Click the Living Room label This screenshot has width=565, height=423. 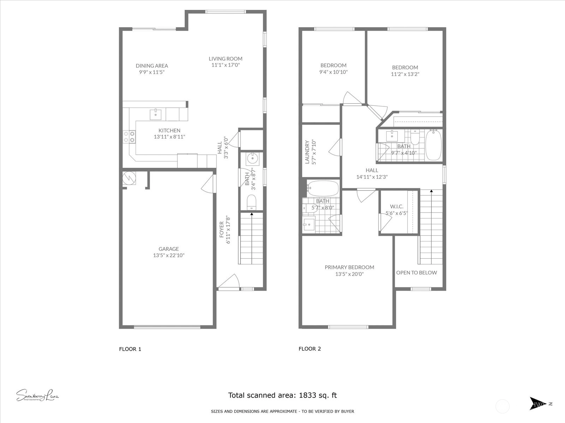click(226, 59)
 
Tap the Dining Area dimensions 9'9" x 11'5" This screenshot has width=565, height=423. click(152, 72)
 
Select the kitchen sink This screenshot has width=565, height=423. click(155, 115)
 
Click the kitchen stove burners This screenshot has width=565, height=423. click(129, 137)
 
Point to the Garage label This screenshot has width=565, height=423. click(168, 249)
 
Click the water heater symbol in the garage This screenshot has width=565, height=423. click(129, 178)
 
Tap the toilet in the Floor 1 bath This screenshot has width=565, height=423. click(251, 202)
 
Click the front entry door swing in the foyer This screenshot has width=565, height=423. click(229, 282)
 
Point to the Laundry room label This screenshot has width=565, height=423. click(307, 152)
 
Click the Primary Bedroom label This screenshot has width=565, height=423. click(349, 267)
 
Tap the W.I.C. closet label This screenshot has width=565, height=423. click(397, 207)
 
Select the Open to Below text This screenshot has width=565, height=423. click(416, 272)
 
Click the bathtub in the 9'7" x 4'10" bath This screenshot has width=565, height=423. click(434, 145)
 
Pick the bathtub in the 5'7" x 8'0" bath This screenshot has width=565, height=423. click(323, 188)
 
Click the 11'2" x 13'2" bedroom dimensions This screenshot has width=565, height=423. click(405, 74)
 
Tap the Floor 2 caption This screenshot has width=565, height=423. click(310, 349)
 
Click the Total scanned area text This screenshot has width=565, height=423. click(282, 395)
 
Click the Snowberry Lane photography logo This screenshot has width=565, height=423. click(37, 395)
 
